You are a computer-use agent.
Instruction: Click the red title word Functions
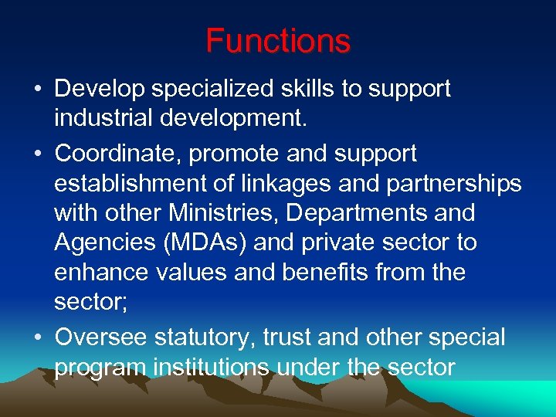click(x=278, y=41)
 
